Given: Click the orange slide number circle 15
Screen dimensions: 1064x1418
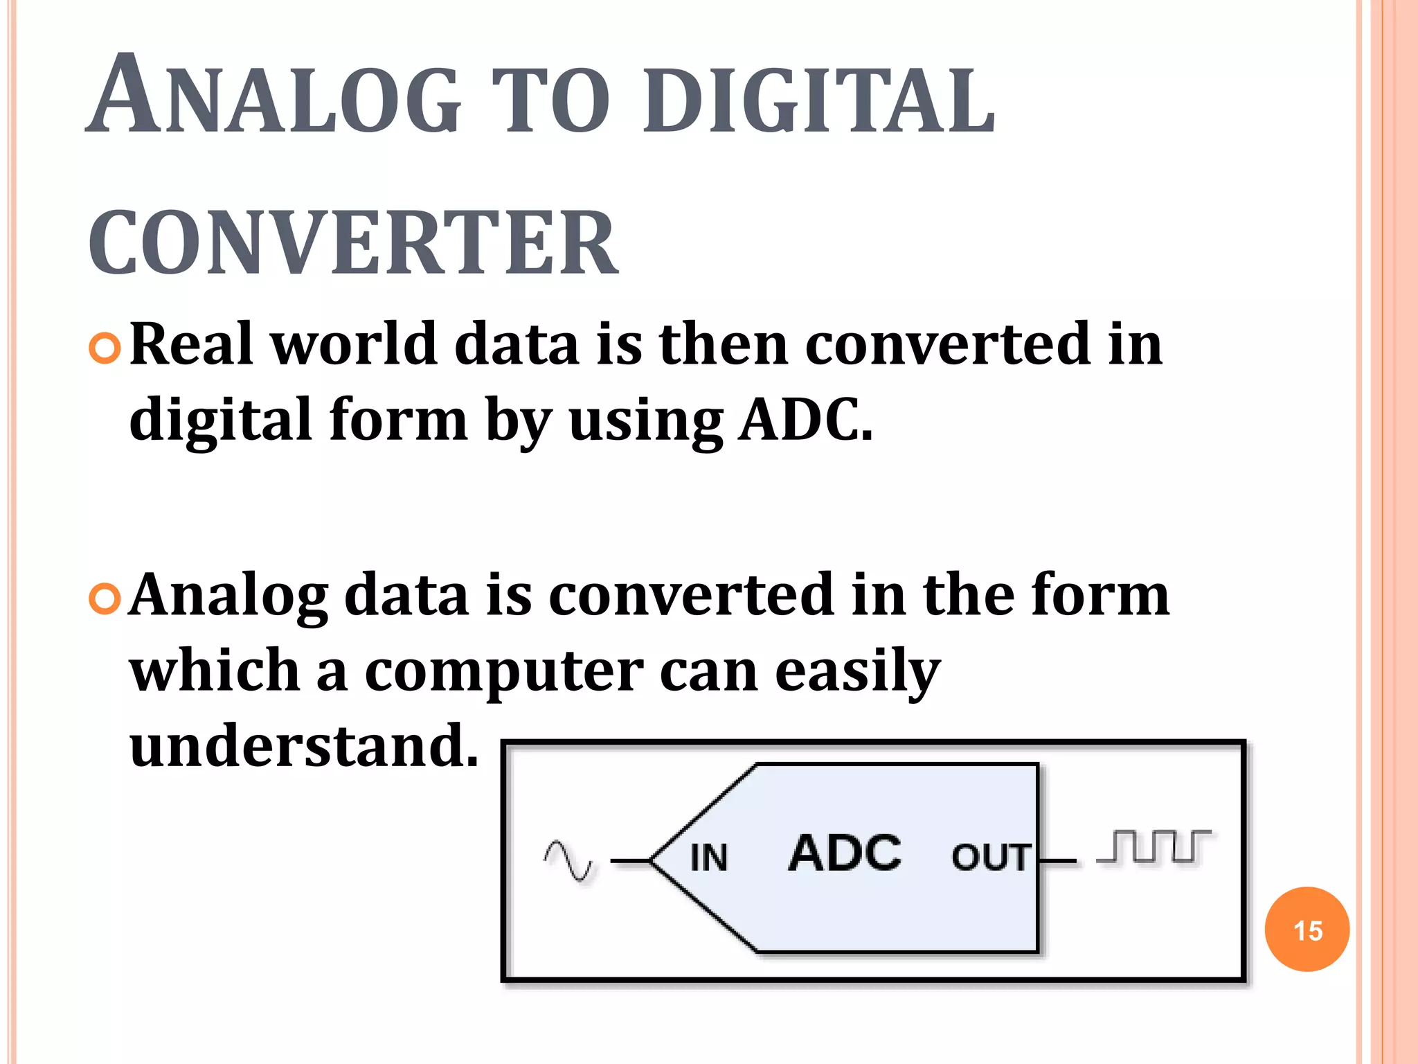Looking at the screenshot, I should coord(1307,929).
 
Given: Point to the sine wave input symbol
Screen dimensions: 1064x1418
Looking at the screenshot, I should coord(568,861).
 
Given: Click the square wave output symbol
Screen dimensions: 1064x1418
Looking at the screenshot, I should coord(1154,846).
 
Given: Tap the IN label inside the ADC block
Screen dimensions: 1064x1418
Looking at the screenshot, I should coord(709,858).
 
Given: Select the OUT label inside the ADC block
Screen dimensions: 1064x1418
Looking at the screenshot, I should coord(991,858).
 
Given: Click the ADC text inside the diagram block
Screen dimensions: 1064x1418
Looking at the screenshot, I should coord(845,853).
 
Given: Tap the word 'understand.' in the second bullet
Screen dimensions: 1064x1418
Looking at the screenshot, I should coord(304,746).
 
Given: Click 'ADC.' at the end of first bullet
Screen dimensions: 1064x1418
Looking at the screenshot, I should coord(805,420).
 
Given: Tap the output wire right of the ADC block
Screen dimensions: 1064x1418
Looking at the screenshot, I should coord(1058,861).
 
